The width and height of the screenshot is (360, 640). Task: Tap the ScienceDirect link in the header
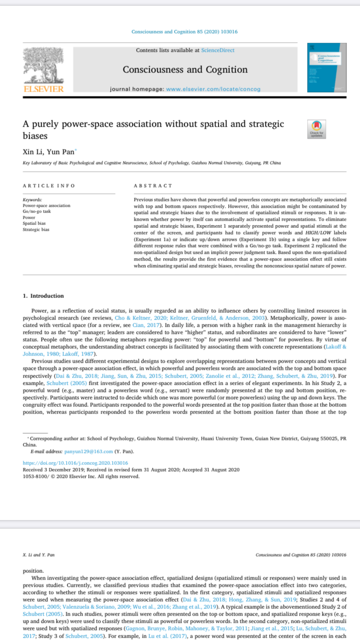point(217,50)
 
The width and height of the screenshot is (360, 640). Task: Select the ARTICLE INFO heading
point(48,185)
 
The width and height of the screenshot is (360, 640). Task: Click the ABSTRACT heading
point(153,185)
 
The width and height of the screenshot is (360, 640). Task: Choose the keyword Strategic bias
point(36,229)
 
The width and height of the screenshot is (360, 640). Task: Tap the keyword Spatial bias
point(35,224)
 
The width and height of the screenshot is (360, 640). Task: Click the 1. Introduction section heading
point(43,296)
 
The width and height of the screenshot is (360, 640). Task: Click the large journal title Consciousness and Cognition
point(185,70)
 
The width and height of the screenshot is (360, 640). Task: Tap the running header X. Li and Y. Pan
point(38,555)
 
